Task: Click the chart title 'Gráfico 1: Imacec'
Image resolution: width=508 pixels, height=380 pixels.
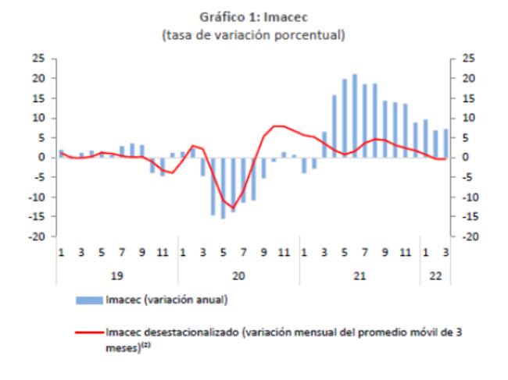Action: [x=253, y=17]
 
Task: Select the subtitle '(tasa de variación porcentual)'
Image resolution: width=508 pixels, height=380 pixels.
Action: [x=253, y=35]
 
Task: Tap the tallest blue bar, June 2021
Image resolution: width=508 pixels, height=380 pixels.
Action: [x=355, y=115]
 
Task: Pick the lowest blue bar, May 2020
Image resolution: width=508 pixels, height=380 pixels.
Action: [x=223, y=188]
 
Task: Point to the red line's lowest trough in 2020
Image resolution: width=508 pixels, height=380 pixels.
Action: [x=233, y=208]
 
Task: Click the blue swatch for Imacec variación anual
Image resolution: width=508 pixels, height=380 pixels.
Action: [x=89, y=300]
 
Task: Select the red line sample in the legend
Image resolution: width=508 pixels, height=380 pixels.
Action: [x=89, y=332]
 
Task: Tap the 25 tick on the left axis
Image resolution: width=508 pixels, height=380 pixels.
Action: [x=38, y=59]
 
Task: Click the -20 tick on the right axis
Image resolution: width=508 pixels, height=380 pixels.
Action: [x=470, y=236]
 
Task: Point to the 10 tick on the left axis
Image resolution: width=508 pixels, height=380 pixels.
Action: [x=38, y=118]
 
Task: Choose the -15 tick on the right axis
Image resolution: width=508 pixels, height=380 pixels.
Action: [x=470, y=217]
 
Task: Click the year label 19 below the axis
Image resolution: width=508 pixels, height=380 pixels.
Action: [x=117, y=276]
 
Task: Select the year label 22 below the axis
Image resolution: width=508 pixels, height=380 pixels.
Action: [x=435, y=276]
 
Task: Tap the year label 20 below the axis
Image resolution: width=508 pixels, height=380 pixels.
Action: [x=238, y=276]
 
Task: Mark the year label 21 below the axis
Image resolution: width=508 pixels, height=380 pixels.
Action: [x=360, y=276]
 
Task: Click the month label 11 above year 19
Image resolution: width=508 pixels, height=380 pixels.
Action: [x=163, y=252]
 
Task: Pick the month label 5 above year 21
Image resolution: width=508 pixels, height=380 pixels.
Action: [x=345, y=252]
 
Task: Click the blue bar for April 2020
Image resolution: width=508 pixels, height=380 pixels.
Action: [x=213, y=186]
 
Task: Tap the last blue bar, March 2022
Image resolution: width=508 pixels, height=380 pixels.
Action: [x=445, y=144]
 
